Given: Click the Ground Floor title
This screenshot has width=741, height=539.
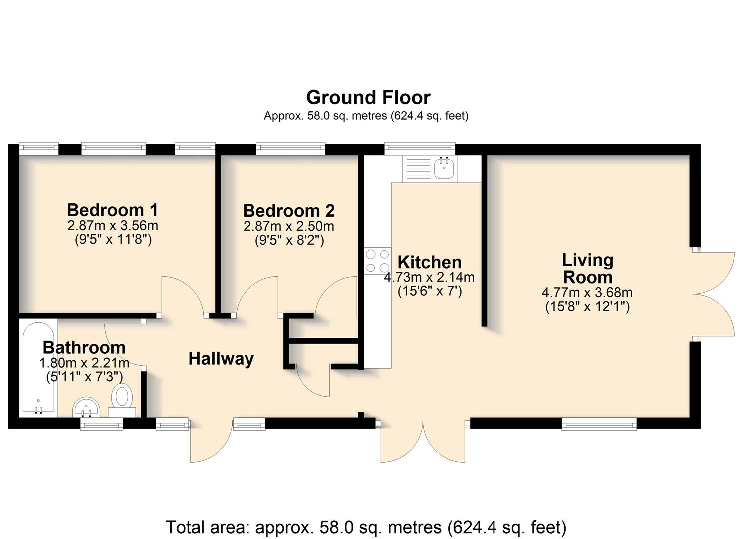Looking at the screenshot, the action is coord(368,98).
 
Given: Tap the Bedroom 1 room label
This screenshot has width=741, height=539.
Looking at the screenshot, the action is coord(112,210).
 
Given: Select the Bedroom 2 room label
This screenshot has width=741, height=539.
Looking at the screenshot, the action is coord(289,211).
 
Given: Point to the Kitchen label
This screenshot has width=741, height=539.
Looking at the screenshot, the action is coord(430,262).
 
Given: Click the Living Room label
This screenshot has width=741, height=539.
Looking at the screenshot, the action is coord(588,269).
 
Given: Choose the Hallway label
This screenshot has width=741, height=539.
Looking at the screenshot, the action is coord(221,359).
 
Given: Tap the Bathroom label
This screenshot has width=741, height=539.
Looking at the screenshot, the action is coord(84,348).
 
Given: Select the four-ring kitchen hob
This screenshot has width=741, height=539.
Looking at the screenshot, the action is coord(377,261).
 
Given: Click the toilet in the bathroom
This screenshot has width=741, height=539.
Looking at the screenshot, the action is coord(122,401).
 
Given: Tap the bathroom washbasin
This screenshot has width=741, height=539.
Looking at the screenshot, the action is coord(86,407).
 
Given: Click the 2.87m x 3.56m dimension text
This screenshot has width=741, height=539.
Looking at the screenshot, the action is coord(113,226).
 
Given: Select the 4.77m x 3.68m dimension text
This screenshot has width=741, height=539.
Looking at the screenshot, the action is coord(587,292).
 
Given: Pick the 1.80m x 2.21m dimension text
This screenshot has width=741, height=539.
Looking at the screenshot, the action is coord(84,363).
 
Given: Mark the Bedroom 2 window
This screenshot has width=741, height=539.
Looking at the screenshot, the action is coord(291,149).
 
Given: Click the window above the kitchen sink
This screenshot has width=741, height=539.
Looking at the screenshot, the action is coord(420,149).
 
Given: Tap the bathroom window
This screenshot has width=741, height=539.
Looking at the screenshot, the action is coord(102,424).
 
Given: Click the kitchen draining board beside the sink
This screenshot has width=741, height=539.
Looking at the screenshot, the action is coord(418,169).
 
